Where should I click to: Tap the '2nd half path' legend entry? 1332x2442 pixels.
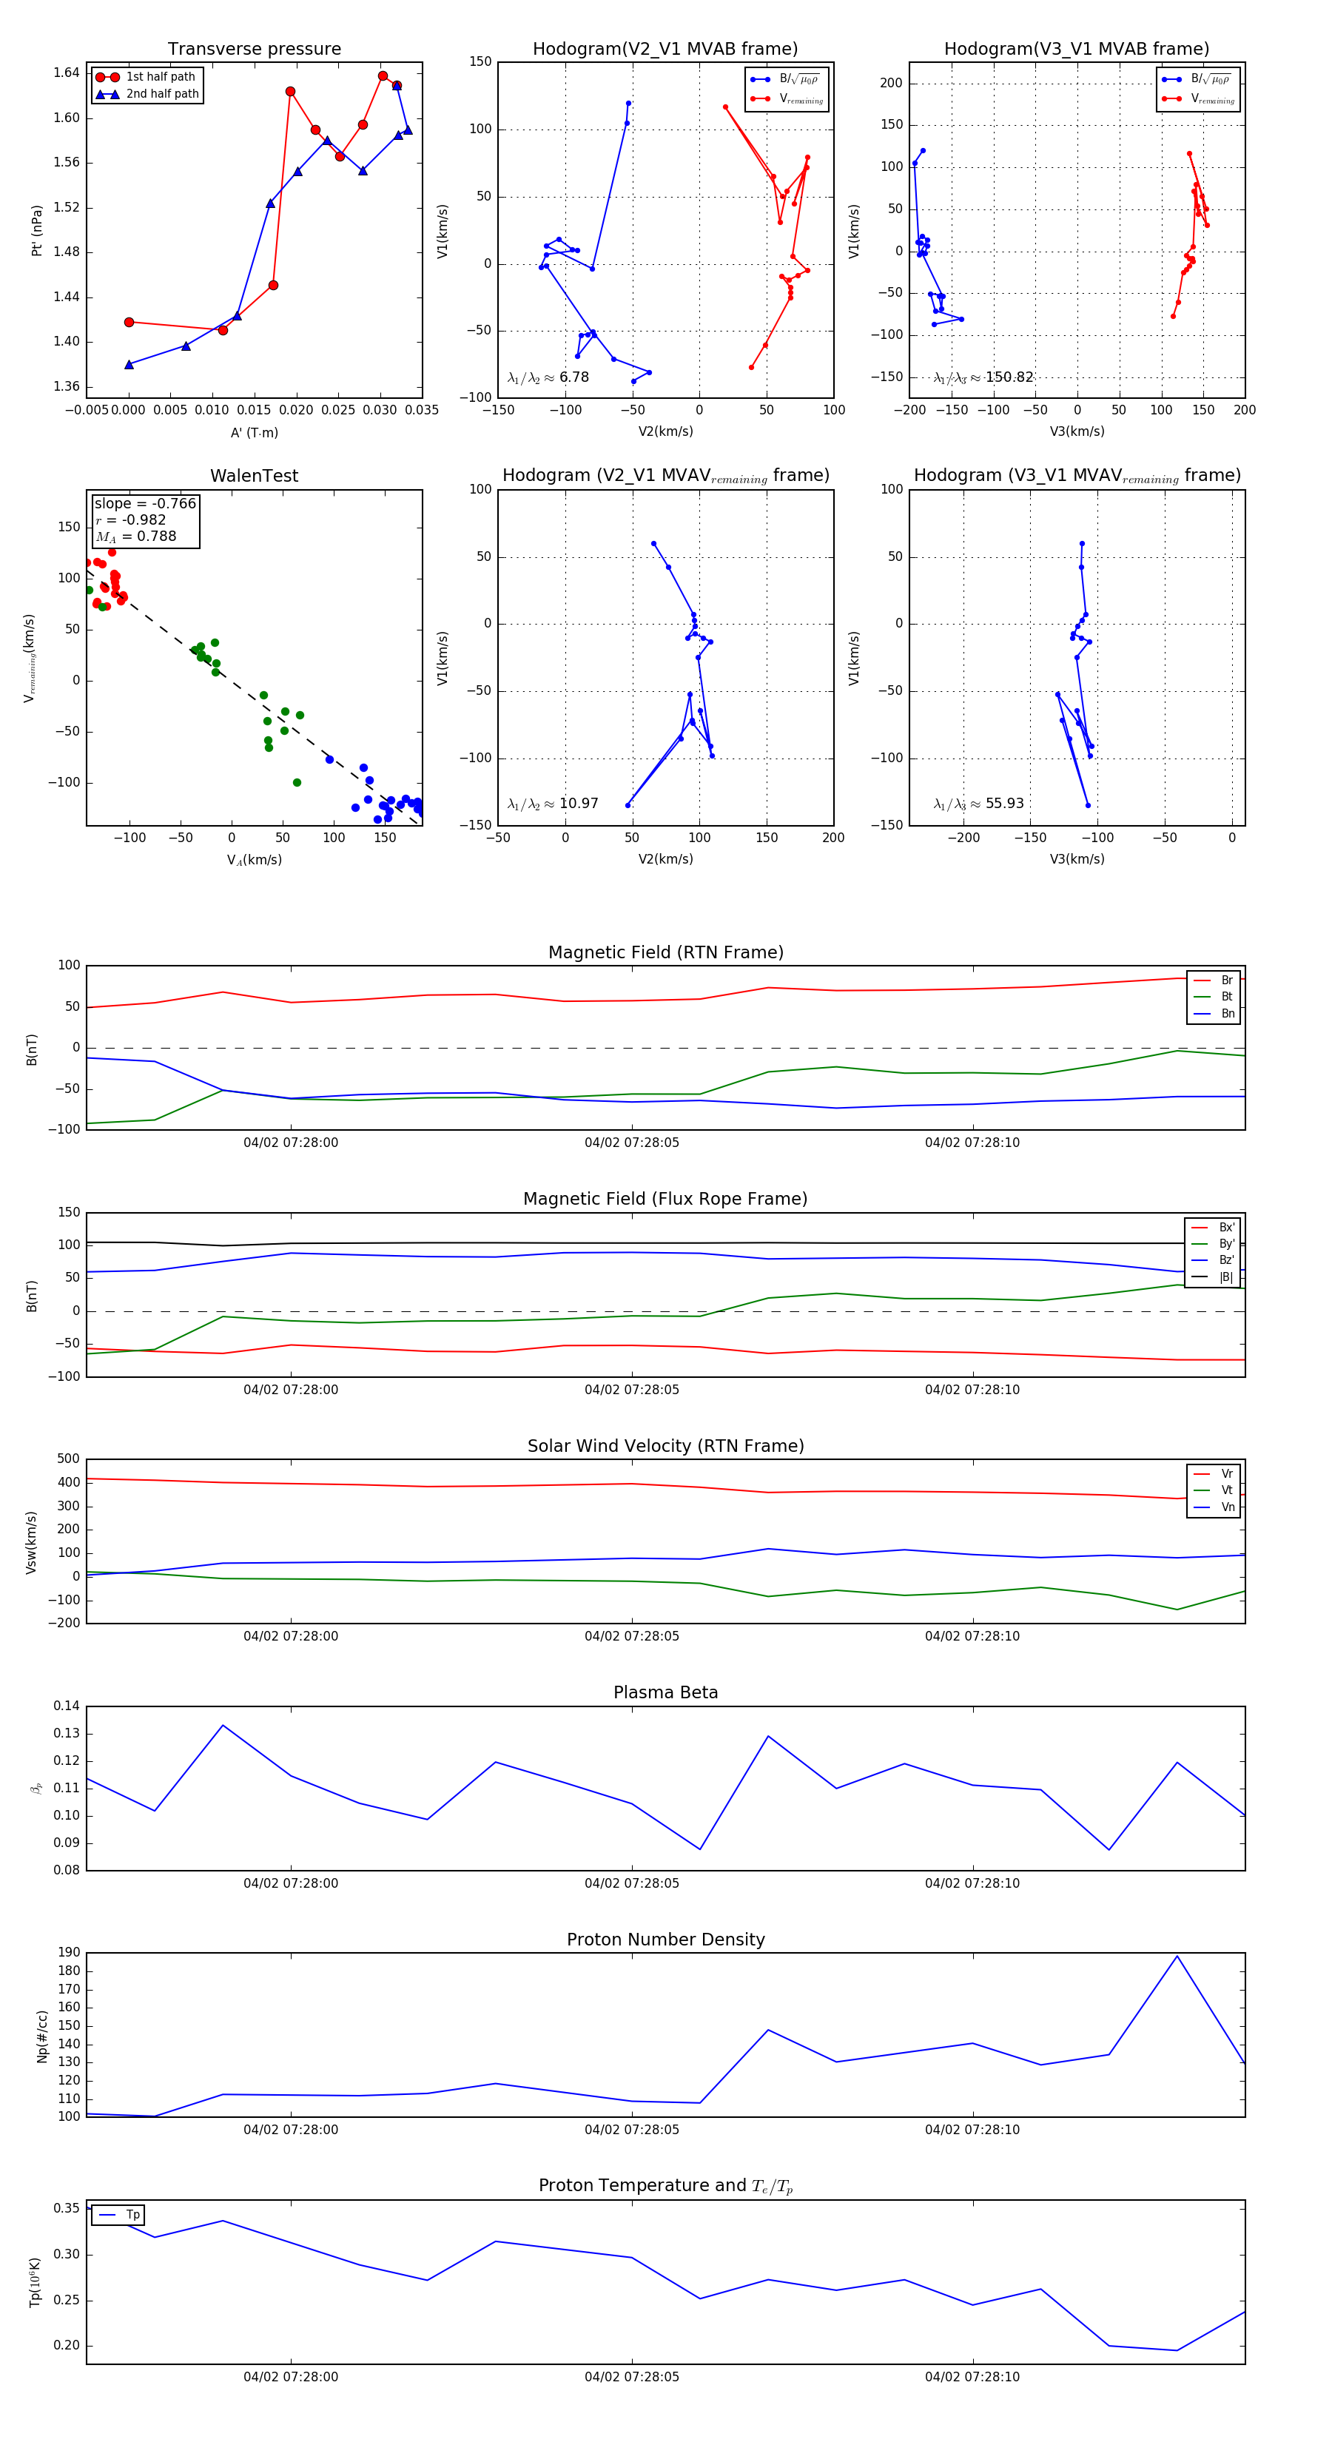[x=162, y=94]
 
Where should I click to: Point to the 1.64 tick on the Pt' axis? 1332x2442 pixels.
[x=67, y=73]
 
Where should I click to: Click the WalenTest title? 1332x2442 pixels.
[x=254, y=476]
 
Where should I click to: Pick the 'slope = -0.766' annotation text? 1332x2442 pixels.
[x=145, y=503]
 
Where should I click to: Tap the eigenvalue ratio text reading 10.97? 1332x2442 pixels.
[x=553, y=804]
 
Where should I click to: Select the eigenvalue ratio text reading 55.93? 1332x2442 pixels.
[x=978, y=804]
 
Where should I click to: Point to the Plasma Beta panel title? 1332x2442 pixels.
[x=665, y=1693]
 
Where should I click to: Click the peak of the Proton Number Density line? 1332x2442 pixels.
[x=1177, y=1957]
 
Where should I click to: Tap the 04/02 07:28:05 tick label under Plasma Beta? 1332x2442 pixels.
[x=631, y=1883]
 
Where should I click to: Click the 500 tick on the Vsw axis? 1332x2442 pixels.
[x=68, y=1459]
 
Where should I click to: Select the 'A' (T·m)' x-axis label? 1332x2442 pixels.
[x=254, y=432]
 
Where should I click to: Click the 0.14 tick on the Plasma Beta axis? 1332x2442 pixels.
[x=67, y=1706]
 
